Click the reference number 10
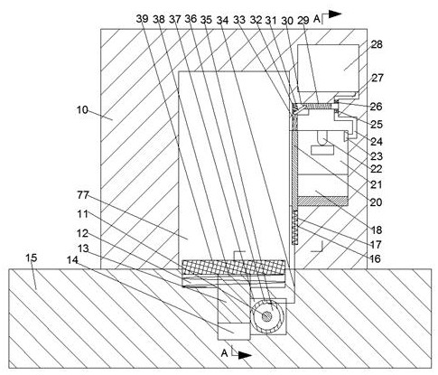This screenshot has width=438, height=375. click(x=82, y=110)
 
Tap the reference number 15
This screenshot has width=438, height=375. click(x=31, y=258)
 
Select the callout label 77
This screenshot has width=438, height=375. click(x=83, y=195)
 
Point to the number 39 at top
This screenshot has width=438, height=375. click(x=143, y=19)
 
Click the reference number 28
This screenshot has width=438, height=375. click(x=377, y=44)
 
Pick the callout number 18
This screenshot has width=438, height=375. click(x=376, y=230)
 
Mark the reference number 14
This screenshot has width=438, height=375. click(x=72, y=260)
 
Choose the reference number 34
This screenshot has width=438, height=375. click(x=223, y=20)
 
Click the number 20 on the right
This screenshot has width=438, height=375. click(x=376, y=202)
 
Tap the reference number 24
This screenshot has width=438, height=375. click(x=377, y=141)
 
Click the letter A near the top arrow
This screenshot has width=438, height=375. click(x=317, y=19)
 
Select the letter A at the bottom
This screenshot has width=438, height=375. click(x=224, y=353)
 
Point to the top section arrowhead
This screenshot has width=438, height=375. click(x=335, y=14)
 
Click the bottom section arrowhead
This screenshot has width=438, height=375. click(x=245, y=355)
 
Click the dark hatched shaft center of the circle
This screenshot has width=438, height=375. click(x=266, y=316)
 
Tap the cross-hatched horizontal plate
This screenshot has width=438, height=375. click(x=233, y=267)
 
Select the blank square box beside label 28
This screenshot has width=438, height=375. click(x=328, y=69)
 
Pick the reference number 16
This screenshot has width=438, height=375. click(x=376, y=258)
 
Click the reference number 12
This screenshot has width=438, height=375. click(x=82, y=233)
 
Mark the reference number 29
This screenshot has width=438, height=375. click(x=303, y=20)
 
